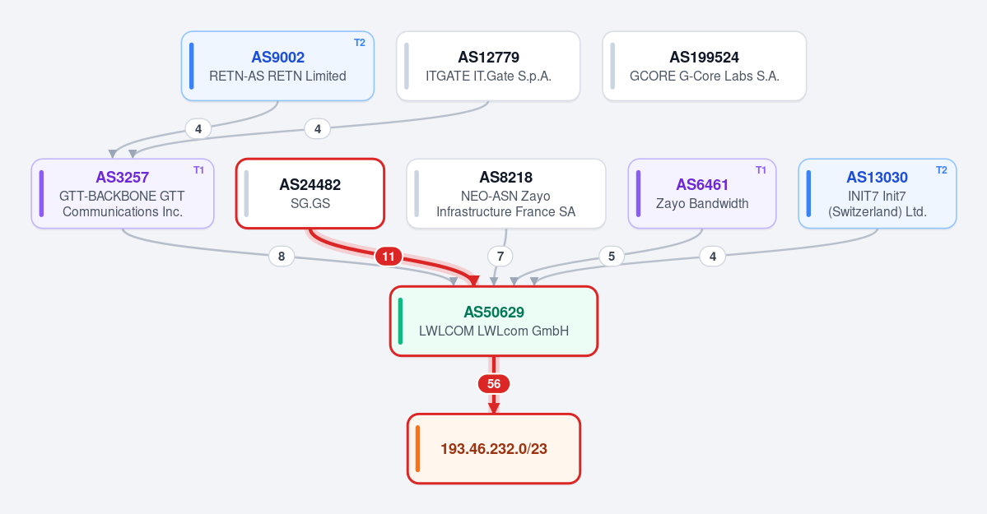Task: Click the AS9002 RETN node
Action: [277, 66]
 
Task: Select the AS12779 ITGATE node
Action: [488, 66]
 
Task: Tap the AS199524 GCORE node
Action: [705, 66]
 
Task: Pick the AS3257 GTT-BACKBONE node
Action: [123, 194]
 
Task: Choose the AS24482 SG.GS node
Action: [310, 194]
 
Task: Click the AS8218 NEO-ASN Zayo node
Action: [506, 194]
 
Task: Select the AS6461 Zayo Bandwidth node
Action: [702, 194]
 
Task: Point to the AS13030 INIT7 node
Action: [878, 194]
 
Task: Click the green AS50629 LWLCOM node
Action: [494, 322]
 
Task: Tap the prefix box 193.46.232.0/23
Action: [494, 448]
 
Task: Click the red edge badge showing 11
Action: [389, 257]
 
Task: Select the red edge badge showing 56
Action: [494, 384]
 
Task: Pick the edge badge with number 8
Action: [282, 256]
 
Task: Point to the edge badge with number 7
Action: [500, 256]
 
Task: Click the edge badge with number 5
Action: [611, 256]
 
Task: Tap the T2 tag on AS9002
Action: [360, 43]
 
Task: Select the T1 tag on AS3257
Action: [199, 170]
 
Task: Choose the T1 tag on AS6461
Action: [761, 170]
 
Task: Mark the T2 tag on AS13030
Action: [942, 170]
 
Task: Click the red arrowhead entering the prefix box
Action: [494, 408]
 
